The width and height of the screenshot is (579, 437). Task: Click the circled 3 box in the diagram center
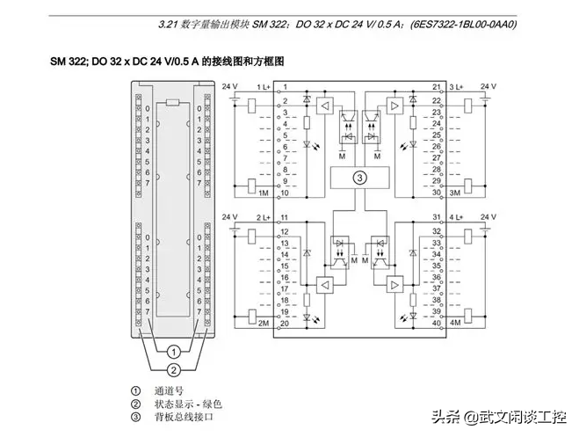[358, 177]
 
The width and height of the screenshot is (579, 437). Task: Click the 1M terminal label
[262, 192]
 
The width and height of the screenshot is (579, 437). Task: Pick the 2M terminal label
[262, 324]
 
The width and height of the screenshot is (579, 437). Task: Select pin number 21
[436, 88]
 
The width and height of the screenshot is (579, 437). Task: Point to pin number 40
[436, 324]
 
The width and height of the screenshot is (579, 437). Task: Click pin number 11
[286, 218]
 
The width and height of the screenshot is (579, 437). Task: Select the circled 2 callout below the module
[174, 369]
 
